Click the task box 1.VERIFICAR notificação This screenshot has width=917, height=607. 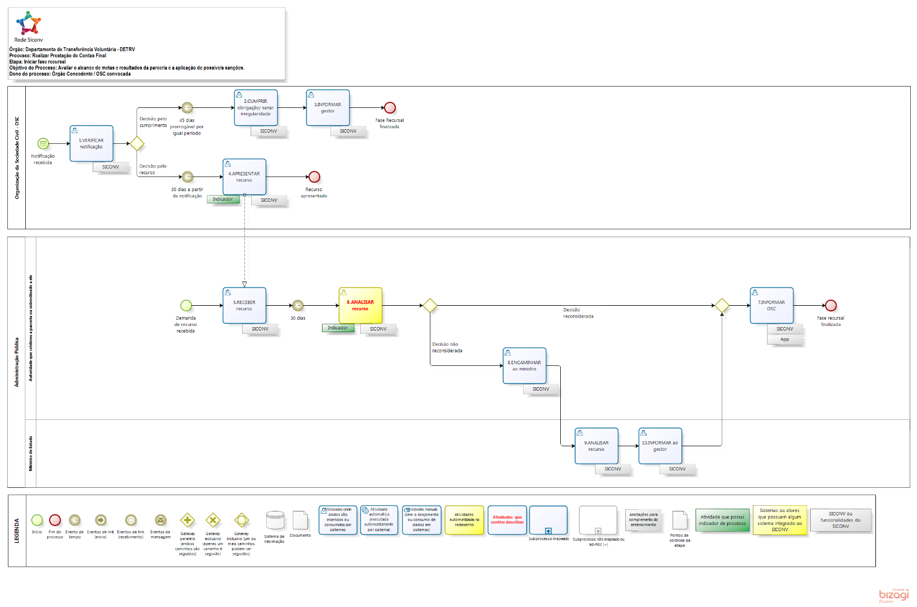click(x=92, y=144)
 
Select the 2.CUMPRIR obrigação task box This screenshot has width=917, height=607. click(x=256, y=108)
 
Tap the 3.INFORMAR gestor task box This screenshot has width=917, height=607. click(x=328, y=108)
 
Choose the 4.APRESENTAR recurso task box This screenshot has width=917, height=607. click(x=244, y=177)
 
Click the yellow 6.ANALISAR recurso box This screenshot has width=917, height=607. click(x=360, y=305)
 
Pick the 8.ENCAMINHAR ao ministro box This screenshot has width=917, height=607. click(x=524, y=365)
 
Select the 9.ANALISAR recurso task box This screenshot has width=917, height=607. click(x=596, y=446)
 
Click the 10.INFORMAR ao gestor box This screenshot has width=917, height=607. click(x=660, y=446)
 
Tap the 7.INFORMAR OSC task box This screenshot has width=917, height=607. click(x=771, y=305)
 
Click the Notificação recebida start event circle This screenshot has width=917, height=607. click(x=43, y=144)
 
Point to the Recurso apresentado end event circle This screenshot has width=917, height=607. click(x=314, y=177)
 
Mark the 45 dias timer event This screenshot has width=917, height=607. click(x=187, y=108)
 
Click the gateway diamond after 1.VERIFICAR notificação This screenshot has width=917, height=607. click(x=137, y=144)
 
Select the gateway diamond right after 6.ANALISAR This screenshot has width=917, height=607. click(x=430, y=305)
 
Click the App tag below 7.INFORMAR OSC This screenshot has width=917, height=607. click(x=785, y=339)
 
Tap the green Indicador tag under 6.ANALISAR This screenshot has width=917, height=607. click(x=338, y=328)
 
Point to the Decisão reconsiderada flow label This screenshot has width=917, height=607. click(x=578, y=313)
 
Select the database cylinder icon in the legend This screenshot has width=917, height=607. click(x=275, y=520)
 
